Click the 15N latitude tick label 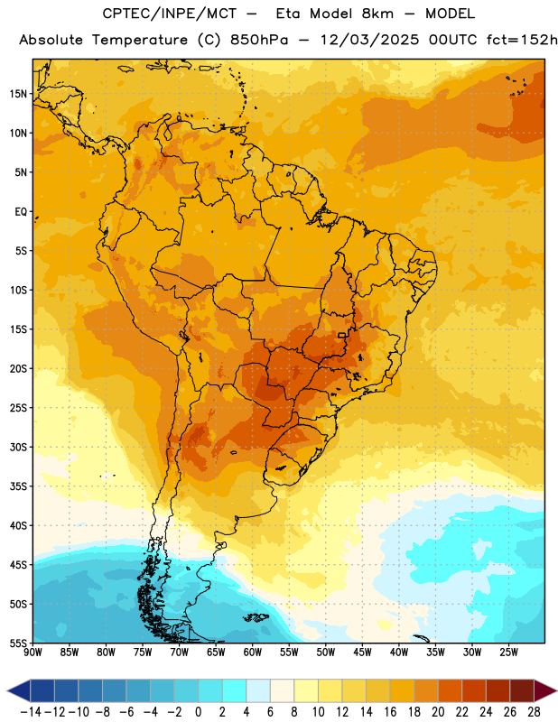coord(18,94)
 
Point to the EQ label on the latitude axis coord(21,212)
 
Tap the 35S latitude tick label coord(18,486)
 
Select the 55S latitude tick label coord(18,643)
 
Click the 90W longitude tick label coord(33,653)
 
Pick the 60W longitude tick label coord(253,653)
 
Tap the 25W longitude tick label coord(508,653)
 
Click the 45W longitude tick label coord(362,653)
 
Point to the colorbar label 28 coord(534,712)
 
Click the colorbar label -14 coord(31,712)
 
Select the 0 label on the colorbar coord(198,712)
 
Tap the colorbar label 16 coord(390,712)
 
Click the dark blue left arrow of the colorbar coord(19,690)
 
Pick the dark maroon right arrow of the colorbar coord(545,690)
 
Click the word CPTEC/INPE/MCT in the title coord(170,14)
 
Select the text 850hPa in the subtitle coord(259,40)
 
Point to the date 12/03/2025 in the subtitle coord(369,40)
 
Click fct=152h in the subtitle coord(522,40)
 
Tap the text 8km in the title coord(377,14)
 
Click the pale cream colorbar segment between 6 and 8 coord(282,690)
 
